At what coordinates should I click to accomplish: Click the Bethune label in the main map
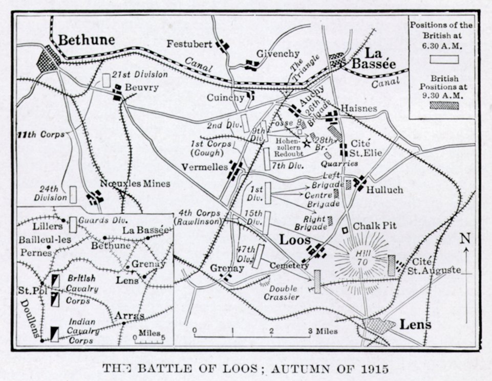click(x=86, y=39)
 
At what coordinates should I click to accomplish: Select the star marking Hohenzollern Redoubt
click(x=307, y=144)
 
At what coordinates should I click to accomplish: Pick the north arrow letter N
click(x=465, y=238)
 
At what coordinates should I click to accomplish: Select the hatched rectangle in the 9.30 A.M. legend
click(x=443, y=105)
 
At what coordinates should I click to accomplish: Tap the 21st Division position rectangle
click(x=106, y=80)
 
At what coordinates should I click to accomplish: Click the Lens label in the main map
click(x=415, y=324)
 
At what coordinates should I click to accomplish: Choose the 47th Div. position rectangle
click(x=260, y=256)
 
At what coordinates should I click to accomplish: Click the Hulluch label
click(x=385, y=190)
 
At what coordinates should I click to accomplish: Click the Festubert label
click(x=189, y=44)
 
